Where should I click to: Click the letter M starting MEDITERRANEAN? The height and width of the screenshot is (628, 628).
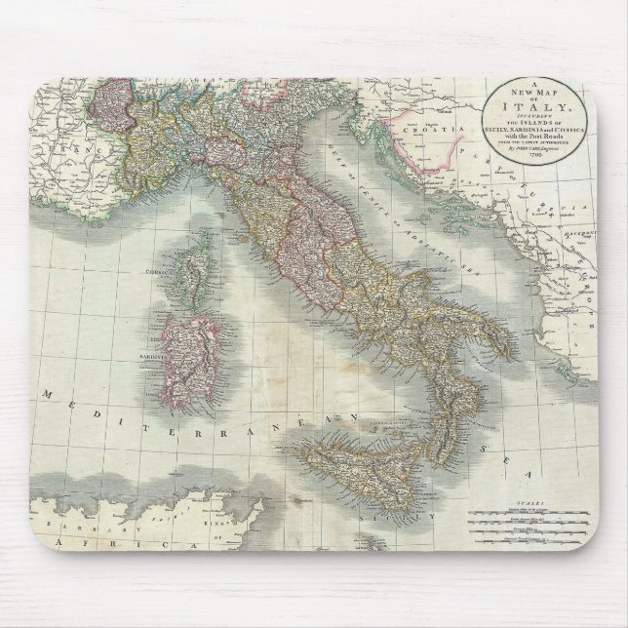coord(47,394)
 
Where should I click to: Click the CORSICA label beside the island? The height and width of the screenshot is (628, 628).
coord(157,270)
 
